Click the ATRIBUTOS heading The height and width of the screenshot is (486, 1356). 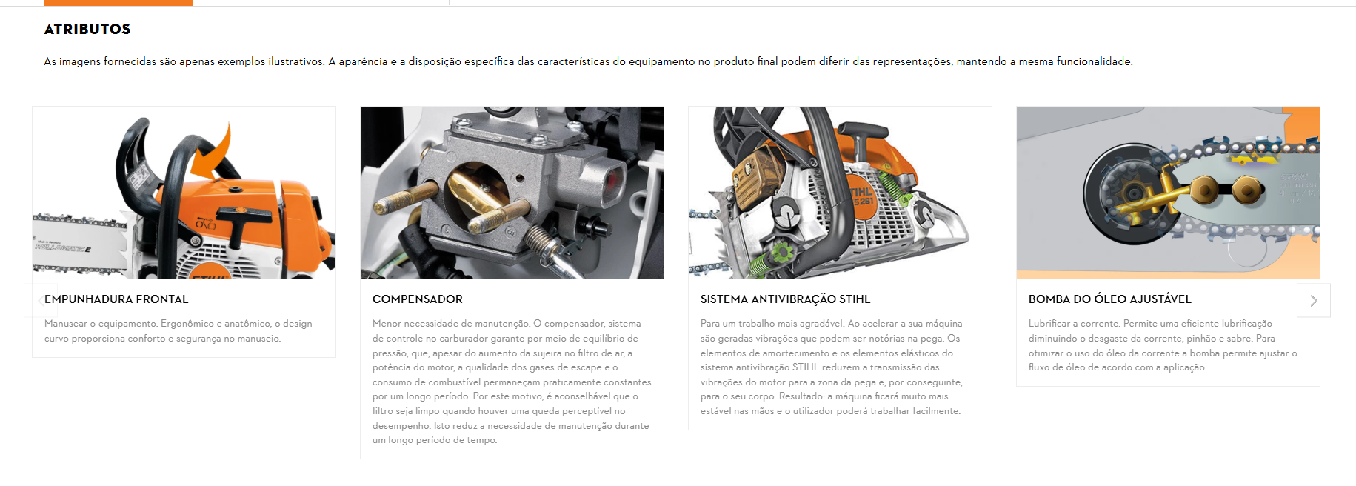click(x=87, y=29)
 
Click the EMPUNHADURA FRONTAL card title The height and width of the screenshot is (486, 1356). click(x=116, y=299)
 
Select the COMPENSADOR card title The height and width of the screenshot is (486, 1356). click(x=418, y=299)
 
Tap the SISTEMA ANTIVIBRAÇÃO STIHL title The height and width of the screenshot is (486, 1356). click(x=785, y=299)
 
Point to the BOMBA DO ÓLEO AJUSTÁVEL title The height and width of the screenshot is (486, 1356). click(x=1109, y=299)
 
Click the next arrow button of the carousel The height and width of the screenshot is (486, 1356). click(x=1314, y=301)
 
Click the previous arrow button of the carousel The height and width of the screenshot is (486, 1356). click(x=40, y=301)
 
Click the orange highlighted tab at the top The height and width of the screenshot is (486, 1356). click(x=118, y=3)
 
